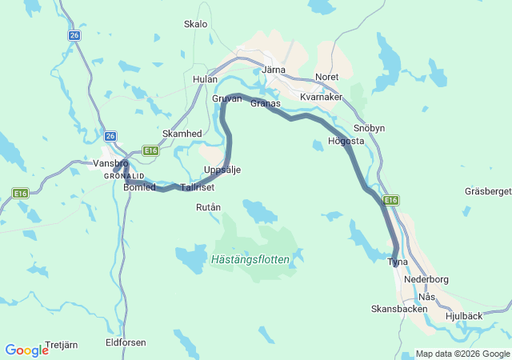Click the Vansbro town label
[110, 162]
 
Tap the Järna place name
[274, 70]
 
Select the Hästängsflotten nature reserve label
[251, 260]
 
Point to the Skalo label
[195, 24]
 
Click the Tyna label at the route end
[398, 262]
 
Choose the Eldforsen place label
[126, 342]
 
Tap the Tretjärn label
[62, 345]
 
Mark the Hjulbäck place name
[463, 316]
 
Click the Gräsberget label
[487, 191]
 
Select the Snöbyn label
[369, 128]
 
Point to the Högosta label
[346, 142]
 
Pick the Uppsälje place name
[222, 170]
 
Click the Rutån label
[208, 207]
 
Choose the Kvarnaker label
[321, 97]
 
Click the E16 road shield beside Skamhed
[150, 150]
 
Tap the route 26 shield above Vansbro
[110, 136]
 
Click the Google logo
[26, 350]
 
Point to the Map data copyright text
[462, 354]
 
